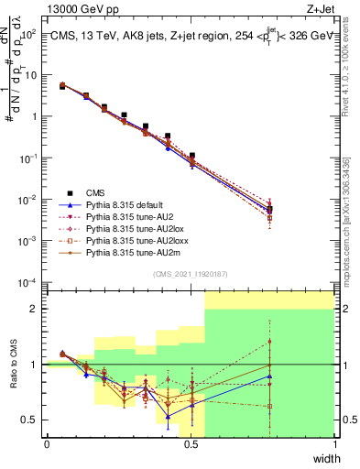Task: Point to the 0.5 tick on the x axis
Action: (191, 445)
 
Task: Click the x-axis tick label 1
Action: (334, 445)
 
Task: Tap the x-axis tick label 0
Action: (47, 445)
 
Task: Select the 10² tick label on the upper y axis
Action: (30, 34)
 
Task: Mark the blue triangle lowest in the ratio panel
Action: (168, 417)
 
